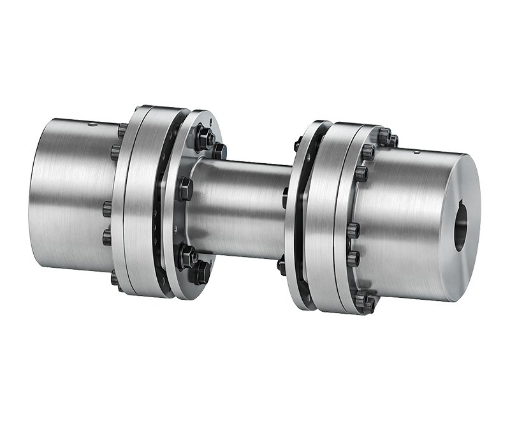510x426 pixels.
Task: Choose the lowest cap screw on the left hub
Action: click(116, 278)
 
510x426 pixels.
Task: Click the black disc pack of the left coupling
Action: click(164, 204)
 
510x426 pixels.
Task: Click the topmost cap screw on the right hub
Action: click(384, 136)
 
